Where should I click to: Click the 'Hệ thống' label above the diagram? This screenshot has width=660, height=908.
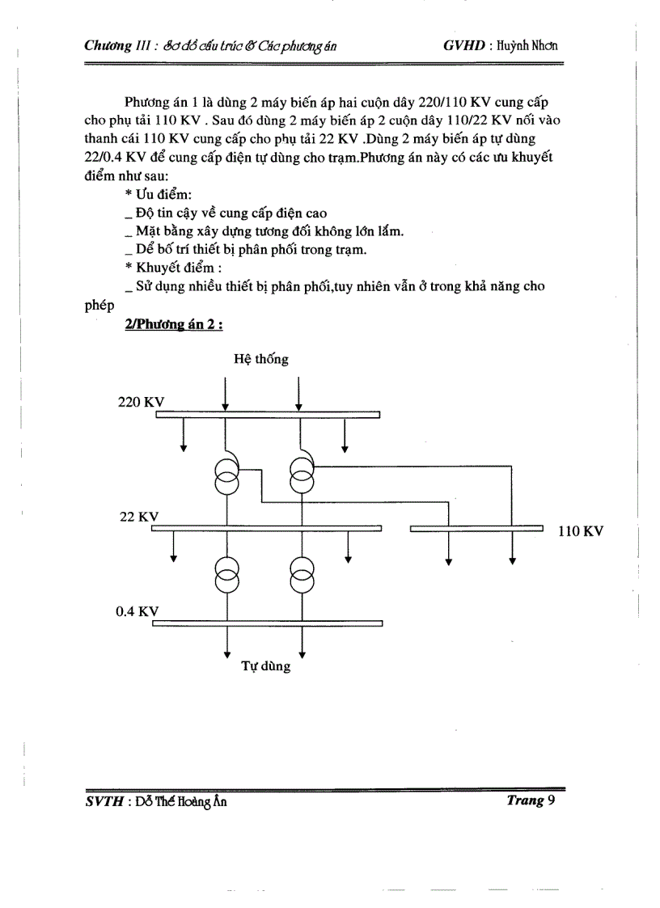(x=261, y=359)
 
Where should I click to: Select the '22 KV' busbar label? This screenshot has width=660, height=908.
(x=139, y=517)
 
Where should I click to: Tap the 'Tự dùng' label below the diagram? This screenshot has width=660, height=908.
(x=266, y=667)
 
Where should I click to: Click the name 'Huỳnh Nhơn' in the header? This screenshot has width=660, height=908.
(x=529, y=45)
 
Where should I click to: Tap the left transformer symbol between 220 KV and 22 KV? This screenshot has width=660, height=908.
(x=226, y=474)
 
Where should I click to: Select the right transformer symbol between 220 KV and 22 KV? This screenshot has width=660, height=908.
(x=301, y=474)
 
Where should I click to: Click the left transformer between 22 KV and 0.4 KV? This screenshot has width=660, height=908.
(x=226, y=575)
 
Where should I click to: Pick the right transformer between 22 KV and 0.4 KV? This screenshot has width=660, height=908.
(x=301, y=575)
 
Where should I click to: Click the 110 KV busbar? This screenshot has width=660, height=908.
(x=476, y=529)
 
